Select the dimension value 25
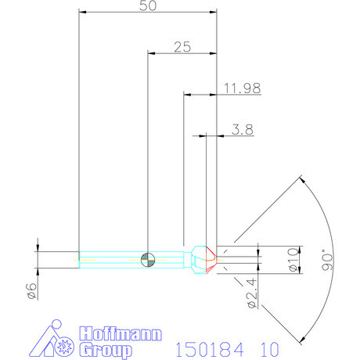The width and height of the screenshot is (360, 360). [x=182, y=47]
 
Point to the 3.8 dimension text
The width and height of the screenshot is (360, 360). [x=243, y=130]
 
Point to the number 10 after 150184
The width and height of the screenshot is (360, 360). [x=265, y=347]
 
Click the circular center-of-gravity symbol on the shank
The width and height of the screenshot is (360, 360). [x=147, y=259]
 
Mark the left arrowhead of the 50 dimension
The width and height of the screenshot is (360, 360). [x=83, y=13]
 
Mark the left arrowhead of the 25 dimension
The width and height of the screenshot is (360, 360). [x=151, y=54]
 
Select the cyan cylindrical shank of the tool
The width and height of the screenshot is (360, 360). [x=117, y=259]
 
